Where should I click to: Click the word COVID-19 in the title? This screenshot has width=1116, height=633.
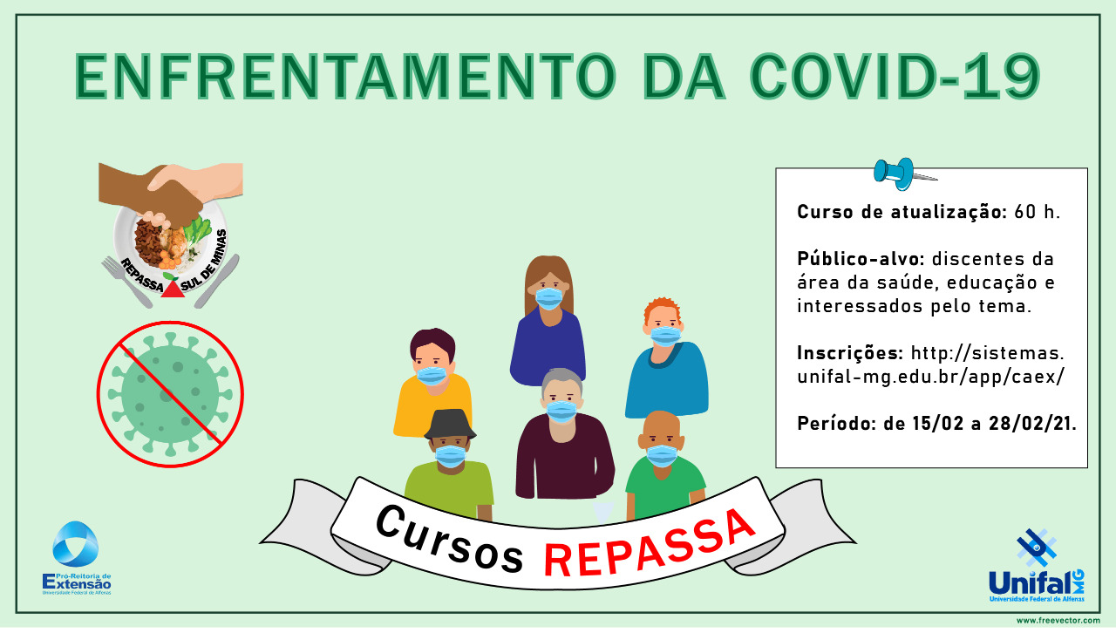(x=895, y=76)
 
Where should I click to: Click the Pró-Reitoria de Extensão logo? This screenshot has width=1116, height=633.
(x=76, y=558)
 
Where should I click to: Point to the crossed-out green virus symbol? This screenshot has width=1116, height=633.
(x=170, y=394)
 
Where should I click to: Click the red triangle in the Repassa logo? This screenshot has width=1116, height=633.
(x=173, y=289)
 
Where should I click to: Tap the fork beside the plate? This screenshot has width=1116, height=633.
(x=126, y=281)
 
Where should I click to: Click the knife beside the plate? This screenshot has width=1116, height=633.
(x=217, y=281)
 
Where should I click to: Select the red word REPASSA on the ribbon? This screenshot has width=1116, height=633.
(x=649, y=546)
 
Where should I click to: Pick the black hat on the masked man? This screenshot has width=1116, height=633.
(x=450, y=424)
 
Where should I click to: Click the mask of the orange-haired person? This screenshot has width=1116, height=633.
(x=665, y=337)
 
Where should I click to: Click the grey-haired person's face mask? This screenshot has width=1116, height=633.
(x=561, y=412)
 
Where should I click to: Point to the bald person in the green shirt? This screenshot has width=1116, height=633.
(x=664, y=465)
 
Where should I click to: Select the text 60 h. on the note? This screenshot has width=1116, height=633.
(x=1038, y=212)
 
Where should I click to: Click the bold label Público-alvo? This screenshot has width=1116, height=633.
(x=861, y=259)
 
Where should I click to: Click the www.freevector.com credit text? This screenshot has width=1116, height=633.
(x=1058, y=621)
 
